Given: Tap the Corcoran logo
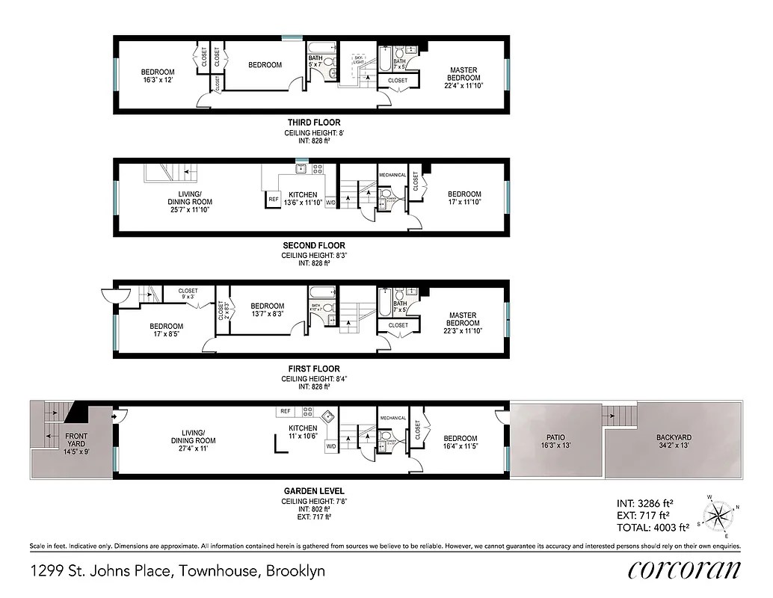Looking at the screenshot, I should [x=684, y=570].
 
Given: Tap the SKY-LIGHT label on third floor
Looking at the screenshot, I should [x=358, y=61].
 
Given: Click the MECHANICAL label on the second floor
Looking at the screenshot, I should [x=392, y=176].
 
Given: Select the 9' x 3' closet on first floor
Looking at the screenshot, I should [x=188, y=295].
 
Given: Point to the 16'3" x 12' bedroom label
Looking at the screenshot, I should [x=158, y=75].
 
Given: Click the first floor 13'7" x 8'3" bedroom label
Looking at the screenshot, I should [x=267, y=310].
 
